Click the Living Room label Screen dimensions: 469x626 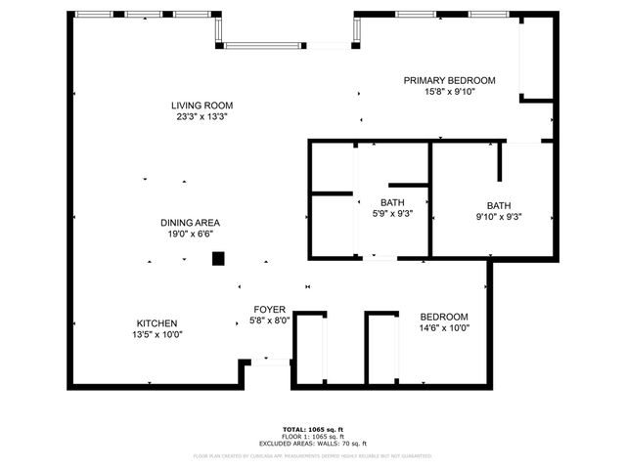(x=195, y=106)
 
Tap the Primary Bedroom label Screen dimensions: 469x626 (x=450, y=80)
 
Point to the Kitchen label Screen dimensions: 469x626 (x=156, y=323)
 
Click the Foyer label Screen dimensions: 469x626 (x=269, y=309)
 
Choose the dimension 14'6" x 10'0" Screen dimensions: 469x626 (x=444, y=328)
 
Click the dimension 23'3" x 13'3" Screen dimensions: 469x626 (x=195, y=116)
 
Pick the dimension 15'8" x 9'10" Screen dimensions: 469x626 (x=450, y=92)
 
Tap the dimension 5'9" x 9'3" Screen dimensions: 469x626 (x=393, y=214)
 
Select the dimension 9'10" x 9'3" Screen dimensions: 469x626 (x=499, y=217)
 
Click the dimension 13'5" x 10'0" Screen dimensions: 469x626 (x=156, y=334)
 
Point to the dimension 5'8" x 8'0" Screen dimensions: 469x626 (x=269, y=320)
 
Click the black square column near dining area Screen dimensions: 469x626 (x=219, y=259)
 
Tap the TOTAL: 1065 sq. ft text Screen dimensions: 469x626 (x=313, y=429)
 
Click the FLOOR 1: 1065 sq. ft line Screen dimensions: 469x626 (x=313, y=436)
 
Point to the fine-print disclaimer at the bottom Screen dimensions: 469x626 (x=313, y=455)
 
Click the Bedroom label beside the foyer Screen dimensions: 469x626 (x=444, y=317)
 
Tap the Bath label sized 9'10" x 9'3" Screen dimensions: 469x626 (x=499, y=205)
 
